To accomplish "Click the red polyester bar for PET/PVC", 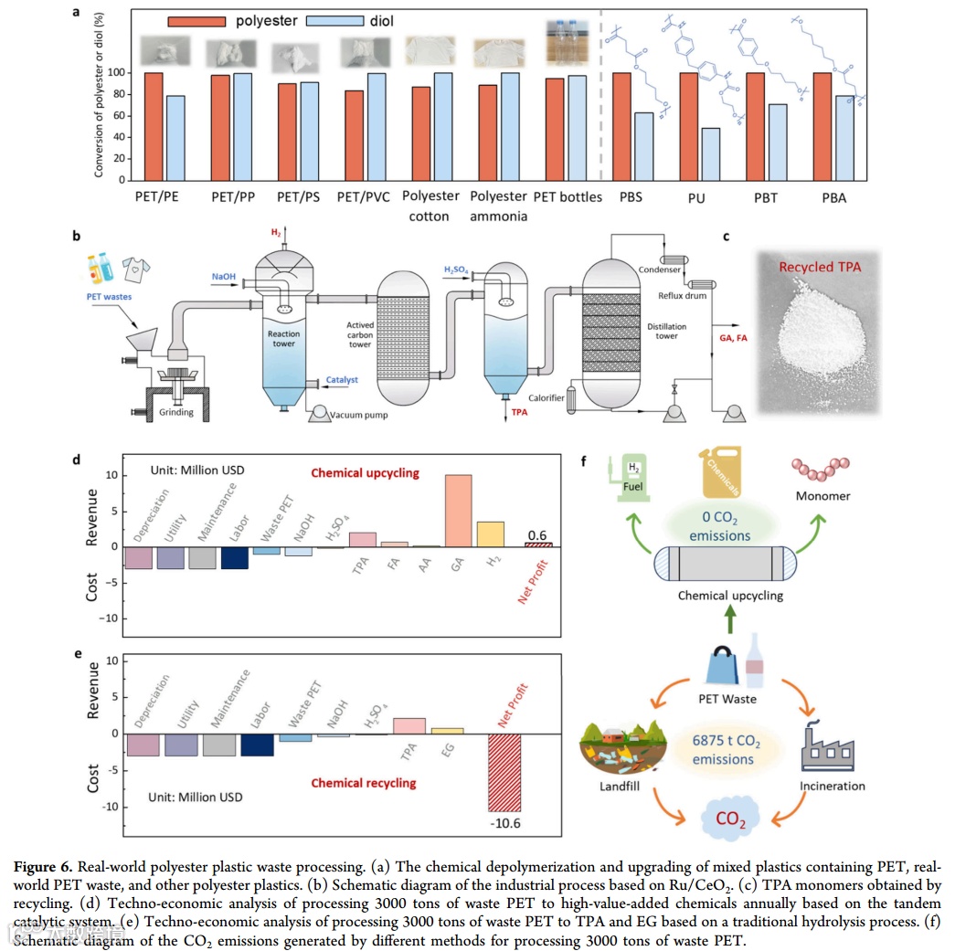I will pos(355,135).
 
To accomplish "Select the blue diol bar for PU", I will pos(710,153).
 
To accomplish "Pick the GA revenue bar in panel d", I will pos(458,511).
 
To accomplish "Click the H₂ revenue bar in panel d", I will pos(491,534).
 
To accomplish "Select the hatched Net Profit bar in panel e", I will pos(504,772).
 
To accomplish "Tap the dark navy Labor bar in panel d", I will pos(235,556).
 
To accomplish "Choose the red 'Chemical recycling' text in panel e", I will pos(363,783).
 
